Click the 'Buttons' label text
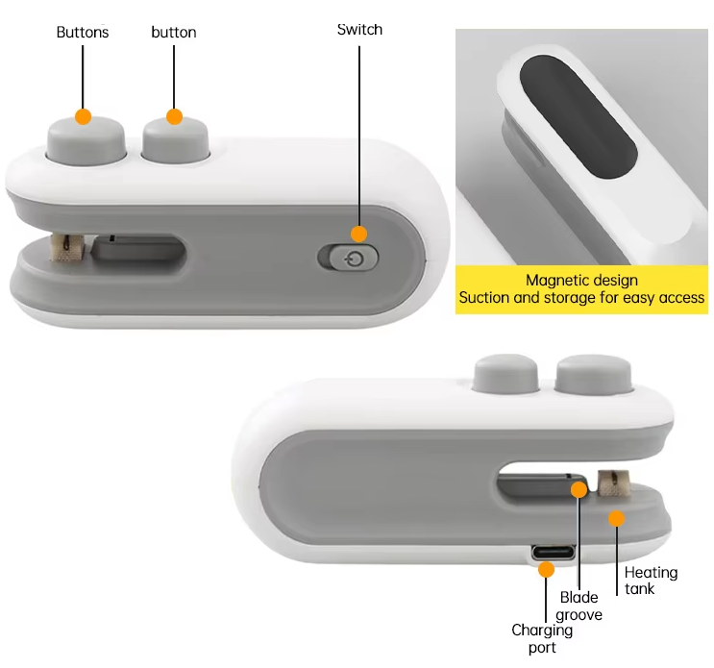click(83, 32)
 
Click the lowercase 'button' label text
click(174, 32)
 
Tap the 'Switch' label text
click(359, 29)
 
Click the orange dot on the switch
click(359, 234)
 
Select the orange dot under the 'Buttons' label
click(83, 116)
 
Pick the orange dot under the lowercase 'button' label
click(174, 116)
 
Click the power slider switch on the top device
click(348, 258)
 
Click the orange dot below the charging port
click(546, 569)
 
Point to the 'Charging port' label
click(542, 638)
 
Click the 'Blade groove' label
click(579, 606)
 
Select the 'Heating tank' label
click(651, 580)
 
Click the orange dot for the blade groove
click(579, 489)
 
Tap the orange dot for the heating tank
click(616, 518)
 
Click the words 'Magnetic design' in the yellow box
click(581, 281)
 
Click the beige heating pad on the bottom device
click(608, 482)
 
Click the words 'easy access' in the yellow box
click(664, 298)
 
